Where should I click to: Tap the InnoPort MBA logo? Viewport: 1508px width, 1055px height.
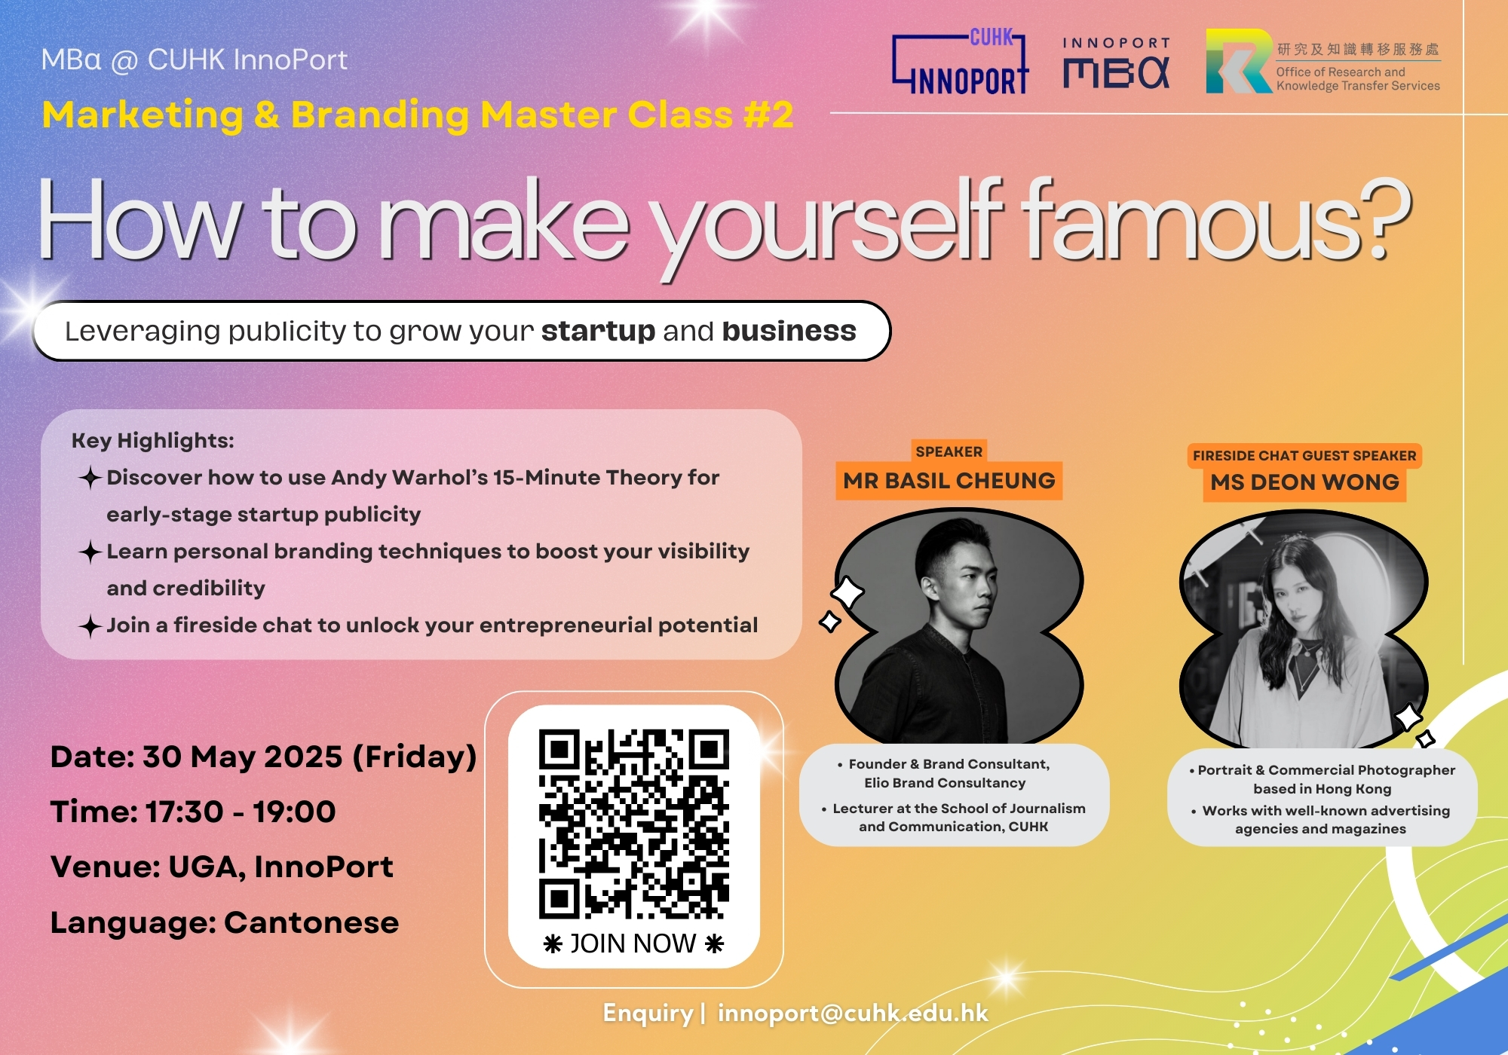(x=1117, y=63)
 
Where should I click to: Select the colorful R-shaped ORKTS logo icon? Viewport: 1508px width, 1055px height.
(x=1239, y=61)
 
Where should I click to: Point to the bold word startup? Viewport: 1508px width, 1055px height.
(x=598, y=331)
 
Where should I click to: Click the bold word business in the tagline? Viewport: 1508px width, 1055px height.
(x=789, y=331)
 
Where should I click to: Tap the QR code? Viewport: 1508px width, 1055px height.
(x=634, y=824)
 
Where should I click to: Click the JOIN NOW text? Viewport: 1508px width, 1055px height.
(x=633, y=943)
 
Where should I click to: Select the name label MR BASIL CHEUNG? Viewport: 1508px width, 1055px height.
(x=949, y=481)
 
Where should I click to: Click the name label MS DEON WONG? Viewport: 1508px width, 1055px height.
(x=1305, y=482)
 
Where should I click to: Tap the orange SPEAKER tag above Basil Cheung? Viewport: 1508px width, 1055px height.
(x=949, y=451)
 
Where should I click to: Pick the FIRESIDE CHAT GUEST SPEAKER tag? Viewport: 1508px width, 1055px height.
(x=1304, y=455)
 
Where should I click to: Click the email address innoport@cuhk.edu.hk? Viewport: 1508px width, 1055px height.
(x=853, y=1013)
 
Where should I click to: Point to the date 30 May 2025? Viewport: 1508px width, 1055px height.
(x=243, y=757)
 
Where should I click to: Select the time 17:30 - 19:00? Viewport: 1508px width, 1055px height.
(x=241, y=812)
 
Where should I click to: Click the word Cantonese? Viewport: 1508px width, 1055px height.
(x=311, y=922)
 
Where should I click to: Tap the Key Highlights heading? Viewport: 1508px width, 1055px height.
(x=153, y=441)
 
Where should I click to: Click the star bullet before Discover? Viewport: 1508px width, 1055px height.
(x=90, y=477)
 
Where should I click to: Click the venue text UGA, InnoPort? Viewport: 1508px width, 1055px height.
(x=280, y=867)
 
